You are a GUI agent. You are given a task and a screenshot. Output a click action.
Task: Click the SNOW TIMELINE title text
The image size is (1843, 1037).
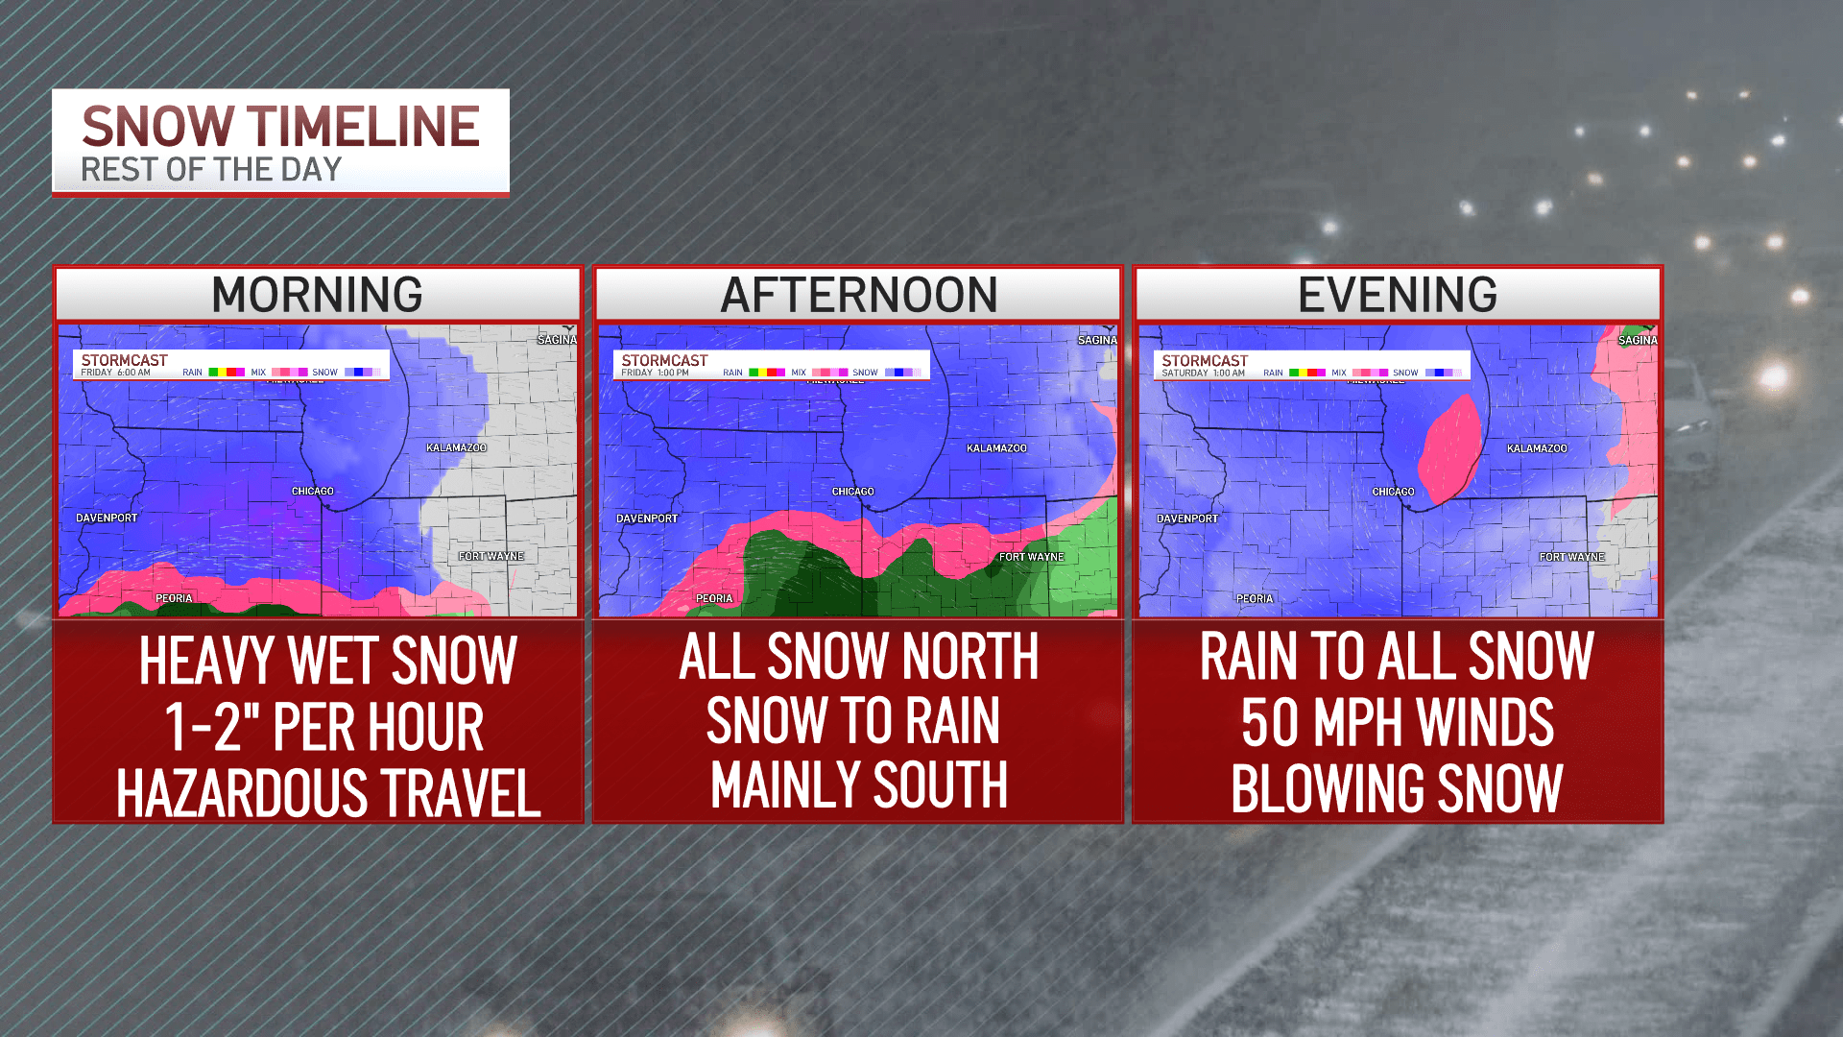(280, 127)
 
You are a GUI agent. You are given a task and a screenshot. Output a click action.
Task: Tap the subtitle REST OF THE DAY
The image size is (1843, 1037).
(211, 170)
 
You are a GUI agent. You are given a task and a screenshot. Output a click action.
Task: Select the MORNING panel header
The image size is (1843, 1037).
(317, 295)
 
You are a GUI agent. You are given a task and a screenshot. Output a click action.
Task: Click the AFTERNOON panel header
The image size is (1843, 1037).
(858, 295)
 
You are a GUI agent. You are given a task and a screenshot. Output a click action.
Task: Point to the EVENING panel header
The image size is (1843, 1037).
(1398, 295)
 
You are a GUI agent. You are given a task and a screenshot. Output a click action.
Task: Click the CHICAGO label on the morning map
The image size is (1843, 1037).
(313, 492)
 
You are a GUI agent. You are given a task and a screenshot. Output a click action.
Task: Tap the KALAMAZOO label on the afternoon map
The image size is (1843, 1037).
(996, 448)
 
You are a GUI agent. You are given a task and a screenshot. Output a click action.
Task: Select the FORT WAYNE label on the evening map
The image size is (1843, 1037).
(1571, 557)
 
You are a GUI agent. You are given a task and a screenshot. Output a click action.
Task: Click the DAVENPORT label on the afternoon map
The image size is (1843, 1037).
(647, 518)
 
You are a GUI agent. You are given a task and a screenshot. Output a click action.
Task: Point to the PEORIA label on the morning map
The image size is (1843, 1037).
(174, 598)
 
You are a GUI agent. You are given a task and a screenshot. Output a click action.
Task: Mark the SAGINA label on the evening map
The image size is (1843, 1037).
(1637, 341)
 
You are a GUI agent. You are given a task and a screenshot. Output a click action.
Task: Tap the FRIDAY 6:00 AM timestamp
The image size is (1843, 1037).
(116, 373)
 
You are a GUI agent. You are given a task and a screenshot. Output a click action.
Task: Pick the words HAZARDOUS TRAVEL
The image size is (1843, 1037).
(328, 793)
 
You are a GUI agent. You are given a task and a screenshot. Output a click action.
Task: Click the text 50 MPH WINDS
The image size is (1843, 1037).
(1398, 722)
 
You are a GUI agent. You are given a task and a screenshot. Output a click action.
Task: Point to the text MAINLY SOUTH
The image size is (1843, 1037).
(858, 785)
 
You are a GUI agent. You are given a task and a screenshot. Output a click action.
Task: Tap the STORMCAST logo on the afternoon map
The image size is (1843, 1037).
(664, 360)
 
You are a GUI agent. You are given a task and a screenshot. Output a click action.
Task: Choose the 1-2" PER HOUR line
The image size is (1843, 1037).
(324, 727)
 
